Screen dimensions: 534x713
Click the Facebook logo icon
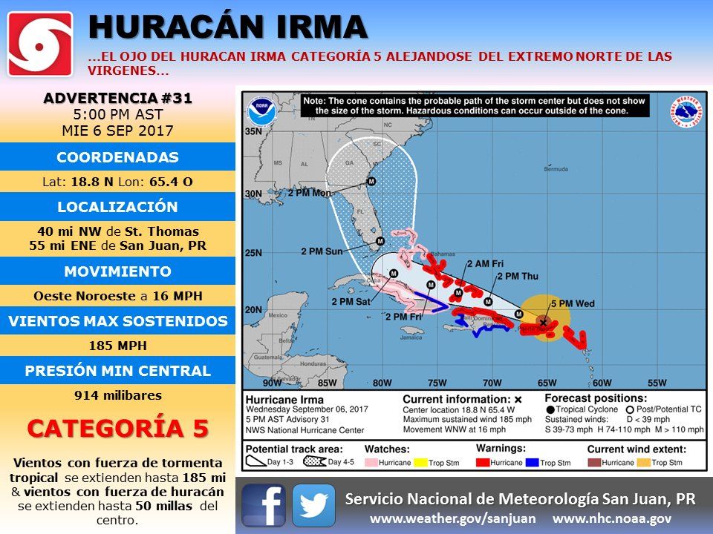click(x=264, y=504)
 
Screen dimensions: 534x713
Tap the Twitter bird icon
click(x=313, y=504)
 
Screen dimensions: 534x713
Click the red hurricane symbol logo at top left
click(x=40, y=44)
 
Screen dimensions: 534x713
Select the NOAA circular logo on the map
click(x=259, y=111)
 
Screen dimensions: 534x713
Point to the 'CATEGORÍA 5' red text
click(x=118, y=429)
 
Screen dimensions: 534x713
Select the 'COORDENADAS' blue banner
click(x=118, y=157)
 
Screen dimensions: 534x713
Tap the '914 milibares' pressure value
click(x=118, y=395)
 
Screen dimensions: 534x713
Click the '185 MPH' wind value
click(x=118, y=346)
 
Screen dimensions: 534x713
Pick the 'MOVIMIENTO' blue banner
click(x=118, y=271)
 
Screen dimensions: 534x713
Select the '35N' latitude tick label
click(x=254, y=132)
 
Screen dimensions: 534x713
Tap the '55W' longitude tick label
click(x=657, y=383)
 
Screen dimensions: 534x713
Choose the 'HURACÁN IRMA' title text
click(x=228, y=27)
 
